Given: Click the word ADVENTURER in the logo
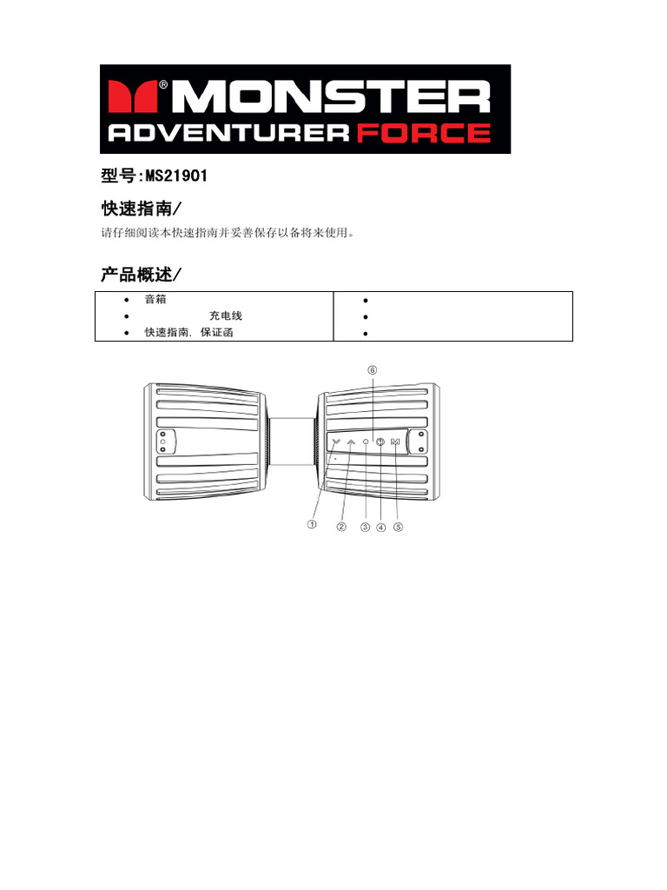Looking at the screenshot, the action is point(228,133).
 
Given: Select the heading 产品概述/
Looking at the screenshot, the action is point(143,275).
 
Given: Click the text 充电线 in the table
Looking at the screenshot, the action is point(226,316).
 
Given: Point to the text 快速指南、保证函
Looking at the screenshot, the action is point(188,333).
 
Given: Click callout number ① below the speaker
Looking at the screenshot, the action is point(311,525).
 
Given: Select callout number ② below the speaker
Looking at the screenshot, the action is point(341,527).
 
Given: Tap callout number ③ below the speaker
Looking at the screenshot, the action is point(366,527).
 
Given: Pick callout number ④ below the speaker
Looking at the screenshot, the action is point(380,527).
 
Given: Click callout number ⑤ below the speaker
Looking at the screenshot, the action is point(398,527).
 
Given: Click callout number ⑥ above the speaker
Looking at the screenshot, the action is point(373,369).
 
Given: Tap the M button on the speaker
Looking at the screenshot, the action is point(396,442).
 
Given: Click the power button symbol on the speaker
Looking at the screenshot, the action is point(380,442).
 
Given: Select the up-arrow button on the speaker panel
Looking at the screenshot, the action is point(350,442).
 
